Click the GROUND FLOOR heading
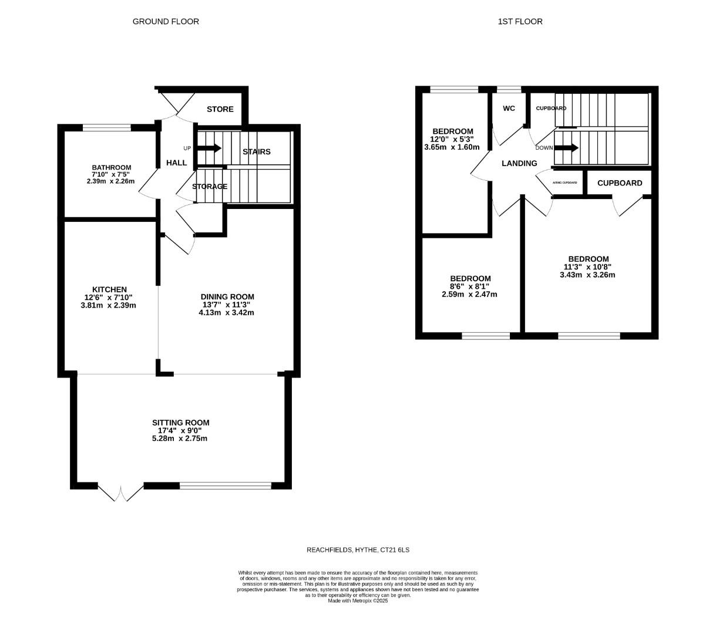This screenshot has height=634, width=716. click(166, 22)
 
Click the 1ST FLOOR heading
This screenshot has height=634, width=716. click(520, 22)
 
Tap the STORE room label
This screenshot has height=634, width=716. click(220, 109)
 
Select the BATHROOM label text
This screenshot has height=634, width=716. click(111, 167)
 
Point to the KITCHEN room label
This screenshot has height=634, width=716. click(109, 289)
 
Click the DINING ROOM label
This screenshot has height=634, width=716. click(227, 296)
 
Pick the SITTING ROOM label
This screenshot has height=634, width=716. click(180, 423)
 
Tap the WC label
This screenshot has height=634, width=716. click(509, 109)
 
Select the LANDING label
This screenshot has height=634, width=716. click(519, 163)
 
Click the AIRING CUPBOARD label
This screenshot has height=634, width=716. click(565, 183)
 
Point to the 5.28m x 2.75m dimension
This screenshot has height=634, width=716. click(179, 439)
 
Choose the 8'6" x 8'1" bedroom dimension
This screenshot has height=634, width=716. click(469, 286)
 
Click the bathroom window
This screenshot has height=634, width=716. click(106, 127)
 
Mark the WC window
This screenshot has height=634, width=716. click(509, 90)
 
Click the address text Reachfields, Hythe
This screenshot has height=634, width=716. click(358, 550)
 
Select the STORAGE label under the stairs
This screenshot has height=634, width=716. click(210, 187)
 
